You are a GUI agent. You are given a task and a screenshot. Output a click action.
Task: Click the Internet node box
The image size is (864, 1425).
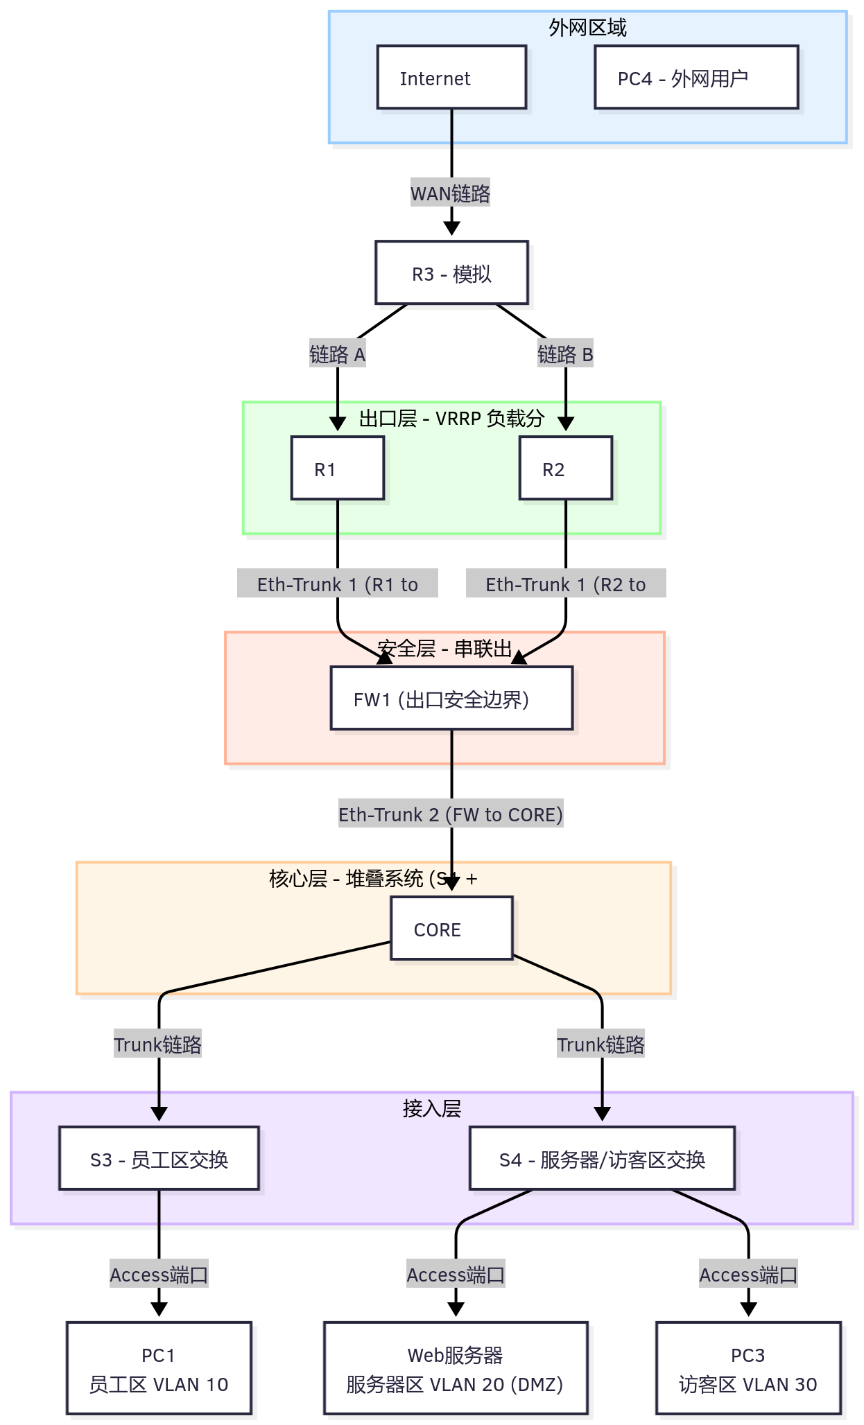pyautogui.click(x=451, y=78)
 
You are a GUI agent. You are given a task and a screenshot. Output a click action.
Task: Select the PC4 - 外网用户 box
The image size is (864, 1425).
pyautogui.click(x=696, y=78)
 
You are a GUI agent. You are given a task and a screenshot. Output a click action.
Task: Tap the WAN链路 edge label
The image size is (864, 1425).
pyautogui.click(x=450, y=193)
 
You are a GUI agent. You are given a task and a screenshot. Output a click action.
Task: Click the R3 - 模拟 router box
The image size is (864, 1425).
pyautogui.click(x=451, y=273)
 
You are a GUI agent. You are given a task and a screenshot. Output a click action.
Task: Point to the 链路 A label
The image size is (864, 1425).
pyautogui.click(x=337, y=355)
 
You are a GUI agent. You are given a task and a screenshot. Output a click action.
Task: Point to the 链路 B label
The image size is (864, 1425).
pyautogui.click(x=565, y=355)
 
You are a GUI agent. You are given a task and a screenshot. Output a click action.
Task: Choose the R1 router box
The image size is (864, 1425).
pyautogui.click(x=338, y=469)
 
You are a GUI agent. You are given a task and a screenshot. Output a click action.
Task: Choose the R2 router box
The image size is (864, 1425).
pyautogui.click(x=566, y=469)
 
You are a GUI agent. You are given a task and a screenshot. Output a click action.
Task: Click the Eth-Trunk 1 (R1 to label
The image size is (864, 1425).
pyautogui.click(x=338, y=584)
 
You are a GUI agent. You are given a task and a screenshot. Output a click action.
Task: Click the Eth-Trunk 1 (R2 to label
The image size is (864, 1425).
pyautogui.click(x=566, y=584)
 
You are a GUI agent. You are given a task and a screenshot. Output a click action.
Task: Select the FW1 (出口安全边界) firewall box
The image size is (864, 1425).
pyautogui.click(x=451, y=699)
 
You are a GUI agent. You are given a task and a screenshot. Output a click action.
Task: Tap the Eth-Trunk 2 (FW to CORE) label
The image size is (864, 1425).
pyautogui.click(x=451, y=814)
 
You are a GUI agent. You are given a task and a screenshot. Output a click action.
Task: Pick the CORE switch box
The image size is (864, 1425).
pyautogui.click(x=451, y=929)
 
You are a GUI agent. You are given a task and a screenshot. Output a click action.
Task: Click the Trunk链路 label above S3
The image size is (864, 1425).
pyautogui.click(x=158, y=1044)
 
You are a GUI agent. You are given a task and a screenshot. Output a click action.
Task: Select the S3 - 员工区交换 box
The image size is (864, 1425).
pyautogui.click(x=159, y=1159)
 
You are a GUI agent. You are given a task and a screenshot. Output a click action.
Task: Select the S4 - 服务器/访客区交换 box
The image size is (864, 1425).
pyautogui.click(x=602, y=1159)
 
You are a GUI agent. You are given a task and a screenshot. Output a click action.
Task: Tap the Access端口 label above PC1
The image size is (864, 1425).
pyautogui.click(x=159, y=1275)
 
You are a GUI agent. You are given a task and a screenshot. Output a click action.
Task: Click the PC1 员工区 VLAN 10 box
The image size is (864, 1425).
pyautogui.click(x=159, y=1369)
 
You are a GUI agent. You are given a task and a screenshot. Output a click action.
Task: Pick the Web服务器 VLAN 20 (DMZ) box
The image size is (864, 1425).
pyautogui.click(x=456, y=1369)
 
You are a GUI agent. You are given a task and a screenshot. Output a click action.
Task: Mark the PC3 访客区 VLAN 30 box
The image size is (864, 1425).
pyautogui.click(x=748, y=1369)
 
